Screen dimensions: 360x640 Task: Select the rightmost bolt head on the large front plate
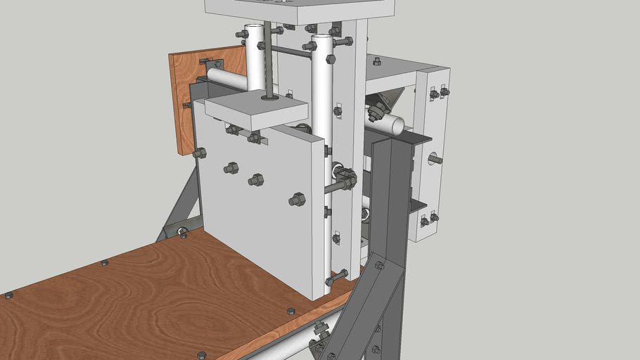click(297, 200)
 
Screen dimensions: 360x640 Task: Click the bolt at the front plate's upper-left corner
click(200, 153)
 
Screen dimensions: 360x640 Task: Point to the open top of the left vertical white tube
click(255, 29)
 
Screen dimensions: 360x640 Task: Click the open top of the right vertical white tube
click(321, 37)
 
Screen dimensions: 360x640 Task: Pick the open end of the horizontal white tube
click(397, 126)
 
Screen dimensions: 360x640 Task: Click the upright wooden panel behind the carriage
click(184, 98)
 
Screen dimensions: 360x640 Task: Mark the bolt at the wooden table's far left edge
click(8, 295)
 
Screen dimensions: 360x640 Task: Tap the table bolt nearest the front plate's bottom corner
click(291, 311)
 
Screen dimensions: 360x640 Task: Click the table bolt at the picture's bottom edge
click(202, 355)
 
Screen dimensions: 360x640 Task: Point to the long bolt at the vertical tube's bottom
click(336, 276)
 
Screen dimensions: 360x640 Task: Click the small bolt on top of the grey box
click(377, 62)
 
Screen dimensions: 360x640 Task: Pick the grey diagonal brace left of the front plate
click(180, 204)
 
